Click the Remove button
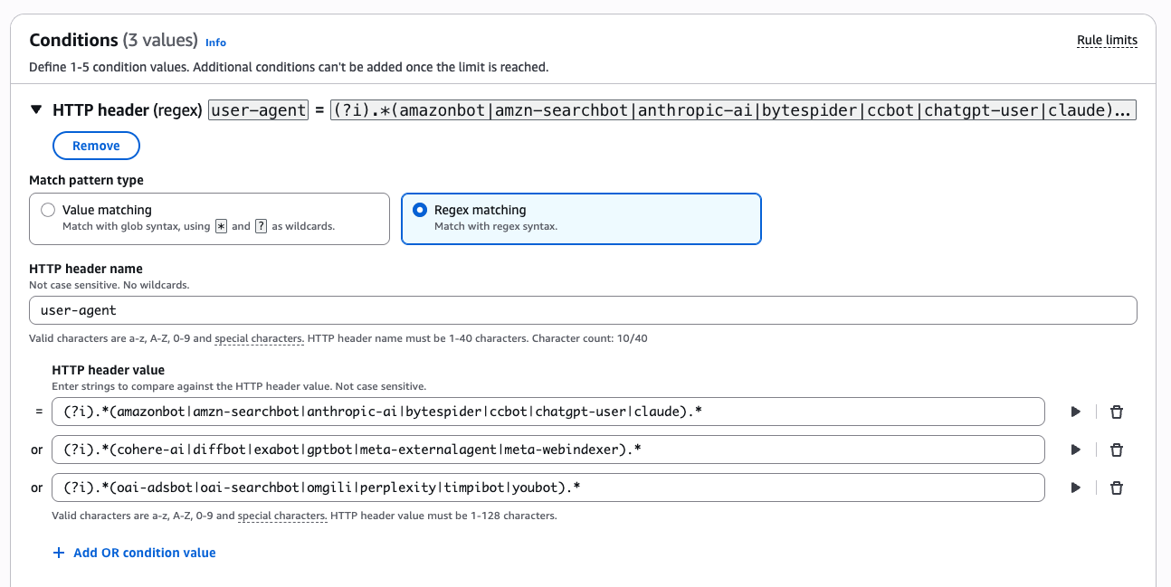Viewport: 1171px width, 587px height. click(96, 146)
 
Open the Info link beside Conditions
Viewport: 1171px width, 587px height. click(215, 43)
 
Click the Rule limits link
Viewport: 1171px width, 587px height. click(1107, 40)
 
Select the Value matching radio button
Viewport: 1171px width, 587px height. click(48, 210)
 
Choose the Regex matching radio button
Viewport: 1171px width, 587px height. click(420, 210)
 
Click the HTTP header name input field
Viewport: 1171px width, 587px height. click(583, 310)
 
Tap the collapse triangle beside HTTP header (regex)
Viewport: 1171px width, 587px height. click(36, 109)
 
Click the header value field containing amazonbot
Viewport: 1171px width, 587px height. click(547, 412)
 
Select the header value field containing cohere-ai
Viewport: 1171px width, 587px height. click(547, 450)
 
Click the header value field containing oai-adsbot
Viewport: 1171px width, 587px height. click(547, 488)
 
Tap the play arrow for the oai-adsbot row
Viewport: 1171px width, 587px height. click(1075, 488)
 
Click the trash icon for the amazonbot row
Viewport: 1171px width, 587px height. click(1117, 412)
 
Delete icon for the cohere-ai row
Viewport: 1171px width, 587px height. click(1117, 450)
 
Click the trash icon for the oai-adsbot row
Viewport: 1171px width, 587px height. click(1117, 488)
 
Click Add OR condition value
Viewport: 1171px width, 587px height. click(134, 553)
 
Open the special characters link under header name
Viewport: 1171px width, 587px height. click(259, 338)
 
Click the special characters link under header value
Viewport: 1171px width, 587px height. click(281, 516)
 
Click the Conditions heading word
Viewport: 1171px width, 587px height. click(73, 40)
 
